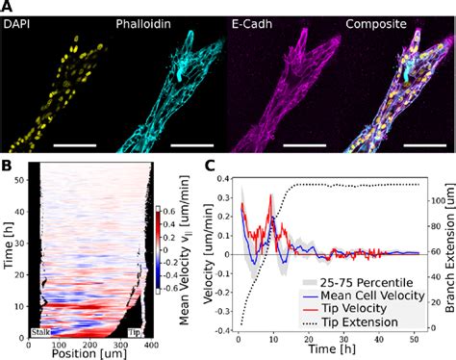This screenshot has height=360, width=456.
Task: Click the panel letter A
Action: point(8,7)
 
